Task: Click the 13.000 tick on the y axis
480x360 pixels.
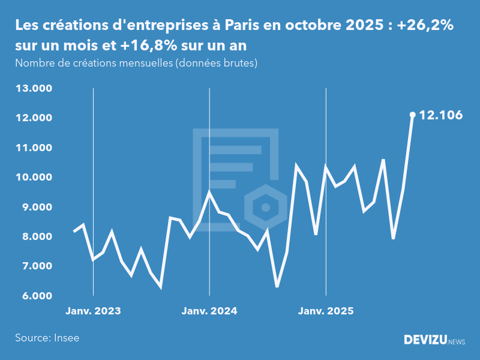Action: pos(35,89)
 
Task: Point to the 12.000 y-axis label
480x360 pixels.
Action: pos(35,118)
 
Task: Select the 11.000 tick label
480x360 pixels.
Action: pos(35,148)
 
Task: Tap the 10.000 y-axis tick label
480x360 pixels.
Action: pos(35,178)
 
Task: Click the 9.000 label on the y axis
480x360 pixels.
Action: pos(37,207)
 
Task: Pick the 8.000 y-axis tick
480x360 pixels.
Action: pos(37,236)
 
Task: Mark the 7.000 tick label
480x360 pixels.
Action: pos(37,266)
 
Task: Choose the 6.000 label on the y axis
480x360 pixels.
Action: pos(37,296)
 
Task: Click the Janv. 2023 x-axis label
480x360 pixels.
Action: pos(93,311)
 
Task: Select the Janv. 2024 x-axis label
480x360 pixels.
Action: pos(209,311)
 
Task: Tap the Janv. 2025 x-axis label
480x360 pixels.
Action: pos(326,311)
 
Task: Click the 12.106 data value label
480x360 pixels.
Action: pos(441,115)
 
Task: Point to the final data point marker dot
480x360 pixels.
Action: pos(412,115)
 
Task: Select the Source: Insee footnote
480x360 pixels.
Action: pos(47,338)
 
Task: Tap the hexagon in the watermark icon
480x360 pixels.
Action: pos(265,208)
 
